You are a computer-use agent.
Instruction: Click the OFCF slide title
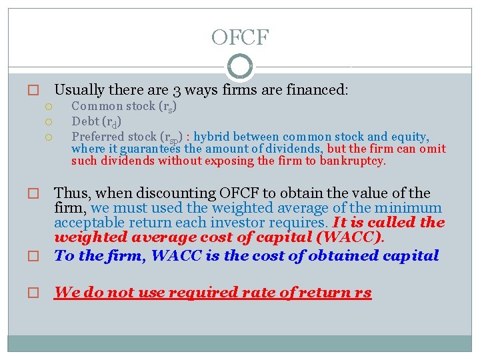(239, 37)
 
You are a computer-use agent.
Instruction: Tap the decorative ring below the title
(240, 67)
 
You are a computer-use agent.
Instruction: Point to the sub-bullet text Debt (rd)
(95, 121)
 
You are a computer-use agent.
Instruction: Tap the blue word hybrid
(212, 137)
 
